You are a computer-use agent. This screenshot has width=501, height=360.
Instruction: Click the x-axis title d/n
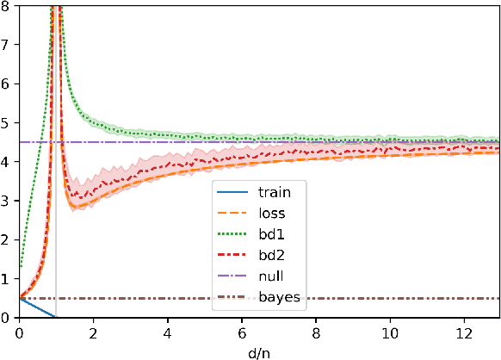coord(260,351)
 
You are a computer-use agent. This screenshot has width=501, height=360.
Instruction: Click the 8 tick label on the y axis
coord(7,8)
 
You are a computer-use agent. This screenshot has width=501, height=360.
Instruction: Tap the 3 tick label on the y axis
coord(7,201)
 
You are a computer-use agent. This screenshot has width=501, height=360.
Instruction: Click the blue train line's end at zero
coord(55,317)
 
